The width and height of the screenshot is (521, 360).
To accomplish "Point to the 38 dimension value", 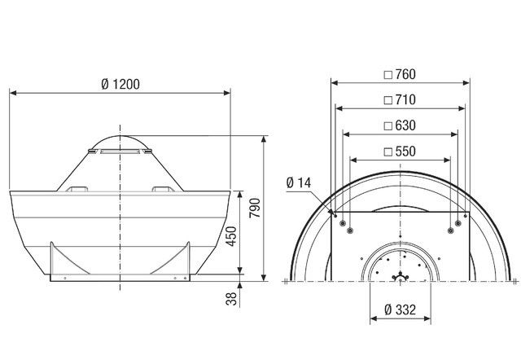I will [x=230, y=301].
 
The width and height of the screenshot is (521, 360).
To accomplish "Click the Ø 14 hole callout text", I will [x=300, y=182].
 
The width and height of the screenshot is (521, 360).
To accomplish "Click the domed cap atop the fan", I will [x=120, y=143].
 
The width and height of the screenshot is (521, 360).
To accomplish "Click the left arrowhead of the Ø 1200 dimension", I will [x=13, y=92].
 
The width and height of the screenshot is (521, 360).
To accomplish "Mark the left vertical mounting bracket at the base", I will [x=53, y=261].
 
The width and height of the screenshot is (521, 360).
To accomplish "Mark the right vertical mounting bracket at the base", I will [x=190, y=261].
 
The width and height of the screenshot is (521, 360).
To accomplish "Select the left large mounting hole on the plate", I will [x=349, y=231].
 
